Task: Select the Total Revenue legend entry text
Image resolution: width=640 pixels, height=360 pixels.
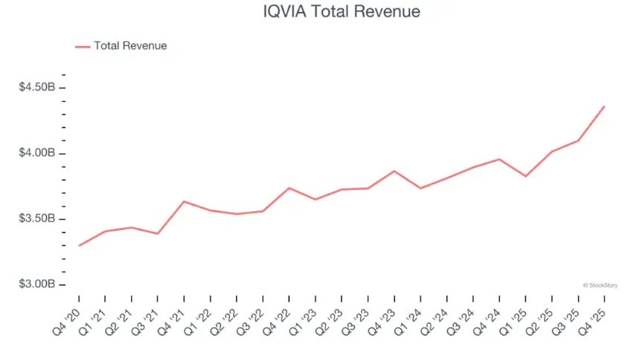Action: tap(130, 46)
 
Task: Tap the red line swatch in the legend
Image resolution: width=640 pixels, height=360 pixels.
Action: tap(83, 46)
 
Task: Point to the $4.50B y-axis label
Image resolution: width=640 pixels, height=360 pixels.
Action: tap(37, 88)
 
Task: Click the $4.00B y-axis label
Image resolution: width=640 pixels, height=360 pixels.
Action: tap(37, 153)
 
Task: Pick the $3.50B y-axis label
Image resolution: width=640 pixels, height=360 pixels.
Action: tap(37, 219)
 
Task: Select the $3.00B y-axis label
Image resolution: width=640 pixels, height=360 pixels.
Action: tap(37, 285)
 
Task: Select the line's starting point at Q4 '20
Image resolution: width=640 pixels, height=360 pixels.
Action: tap(79, 245)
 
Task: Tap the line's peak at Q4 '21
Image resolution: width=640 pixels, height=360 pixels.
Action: tap(184, 202)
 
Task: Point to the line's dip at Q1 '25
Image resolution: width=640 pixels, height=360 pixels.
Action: tap(525, 176)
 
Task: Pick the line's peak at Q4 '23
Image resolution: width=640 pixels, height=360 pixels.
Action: tap(394, 171)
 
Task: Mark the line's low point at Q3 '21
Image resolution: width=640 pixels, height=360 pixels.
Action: tap(158, 234)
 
